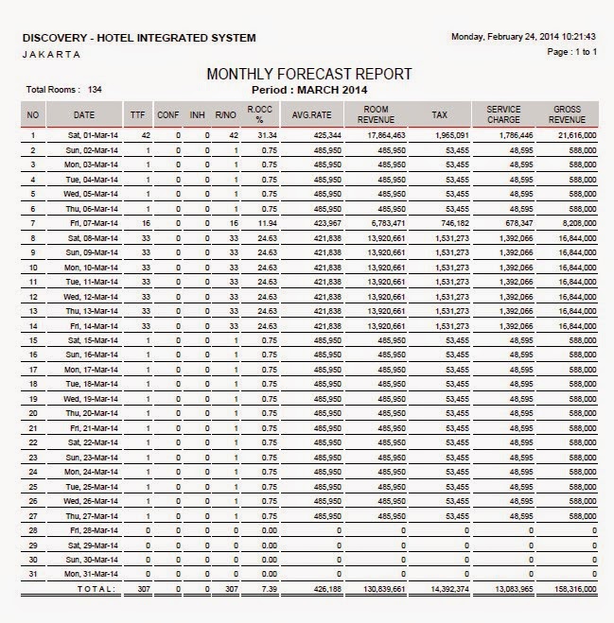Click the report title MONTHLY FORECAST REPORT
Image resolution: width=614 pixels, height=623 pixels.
309,74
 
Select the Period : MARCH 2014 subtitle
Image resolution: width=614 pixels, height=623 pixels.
308,90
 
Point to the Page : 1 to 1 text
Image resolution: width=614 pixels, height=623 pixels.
572,52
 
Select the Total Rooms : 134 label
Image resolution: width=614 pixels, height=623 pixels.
64,90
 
